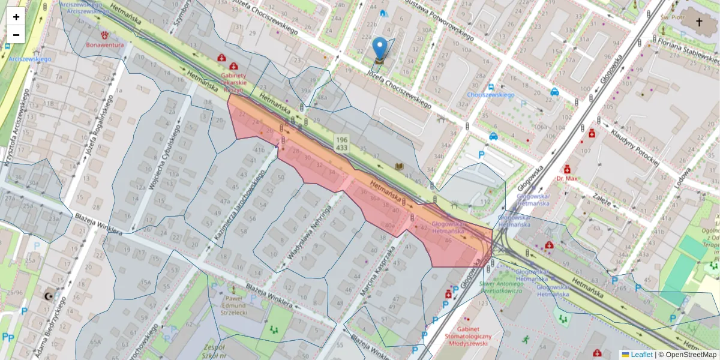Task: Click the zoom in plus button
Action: (x=16, y=17)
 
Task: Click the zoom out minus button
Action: (x=16, y=35)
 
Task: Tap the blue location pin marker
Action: (x=379, y=48)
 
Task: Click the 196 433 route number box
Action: (x=342, y=143)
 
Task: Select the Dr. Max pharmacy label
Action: (x=566, y=179)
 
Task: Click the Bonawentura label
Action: (x=105, y=45)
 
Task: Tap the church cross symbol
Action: (x=698, y=22)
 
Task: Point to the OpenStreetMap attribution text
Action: (x=690, y=355)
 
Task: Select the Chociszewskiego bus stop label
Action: (x=491, y=95)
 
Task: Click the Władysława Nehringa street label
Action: (x=309, y=232)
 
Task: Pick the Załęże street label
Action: (x=601, y=197)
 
